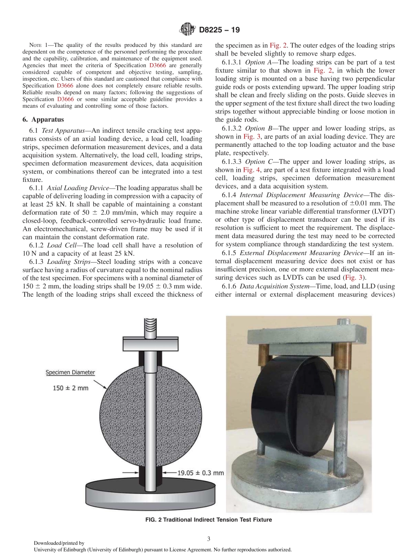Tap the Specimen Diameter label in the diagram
70,373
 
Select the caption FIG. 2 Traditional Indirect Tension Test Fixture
208,520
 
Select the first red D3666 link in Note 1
156,65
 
